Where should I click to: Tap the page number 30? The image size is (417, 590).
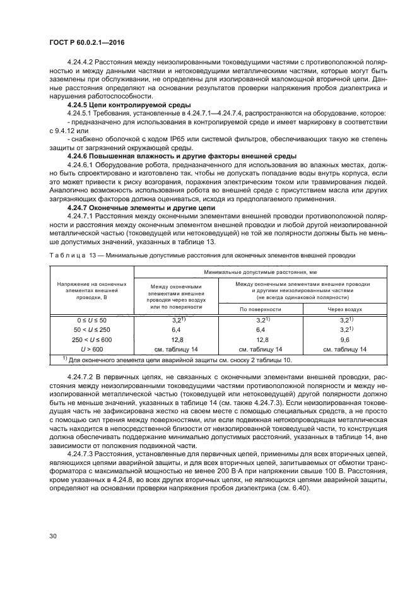53,535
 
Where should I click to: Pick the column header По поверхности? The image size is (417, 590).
260,310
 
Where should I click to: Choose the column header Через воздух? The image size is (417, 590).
344,310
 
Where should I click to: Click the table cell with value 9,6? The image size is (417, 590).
344,339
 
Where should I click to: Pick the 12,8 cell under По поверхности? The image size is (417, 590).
260,339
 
